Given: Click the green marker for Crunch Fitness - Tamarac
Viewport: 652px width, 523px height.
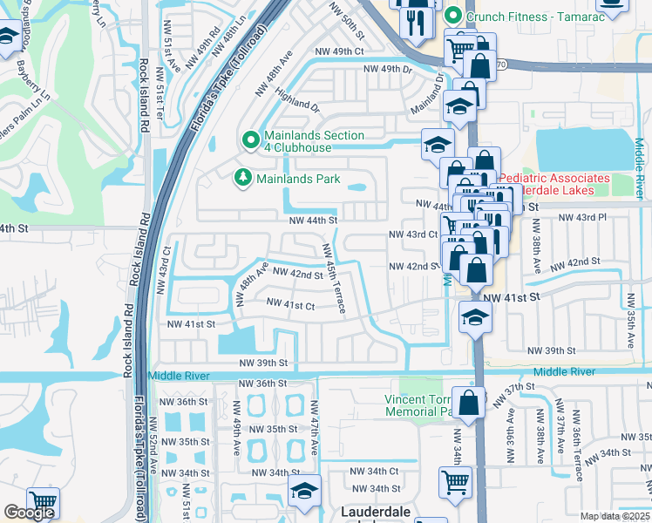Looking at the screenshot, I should [x=452, y=16].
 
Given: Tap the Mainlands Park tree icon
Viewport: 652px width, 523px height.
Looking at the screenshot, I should [x=242, y=178].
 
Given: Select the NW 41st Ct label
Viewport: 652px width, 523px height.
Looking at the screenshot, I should [x=290, y=304].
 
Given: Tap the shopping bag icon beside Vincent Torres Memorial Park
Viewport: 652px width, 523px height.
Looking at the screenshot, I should [x=469, y=403].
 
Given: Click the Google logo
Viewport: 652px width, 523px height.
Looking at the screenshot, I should [x=29, y=513].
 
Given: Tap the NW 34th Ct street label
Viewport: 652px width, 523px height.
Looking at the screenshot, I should [x=374, y=471].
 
